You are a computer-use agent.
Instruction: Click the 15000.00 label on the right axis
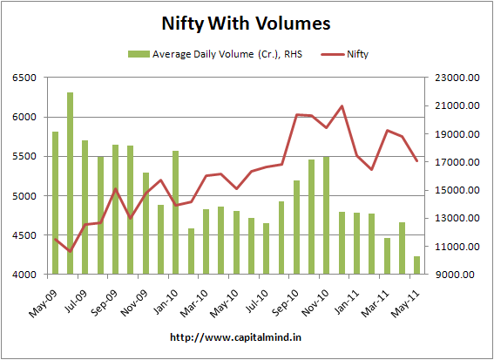(x=456, y=190)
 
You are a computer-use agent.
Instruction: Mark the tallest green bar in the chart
(x=70, y=183)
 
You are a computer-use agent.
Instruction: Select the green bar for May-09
(x=55, y=203)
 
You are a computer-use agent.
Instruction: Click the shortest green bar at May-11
(x=416, y=266)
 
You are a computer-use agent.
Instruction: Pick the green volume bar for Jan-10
(x=175, y=213)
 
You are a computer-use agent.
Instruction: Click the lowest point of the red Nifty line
(x=70, y=251)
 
